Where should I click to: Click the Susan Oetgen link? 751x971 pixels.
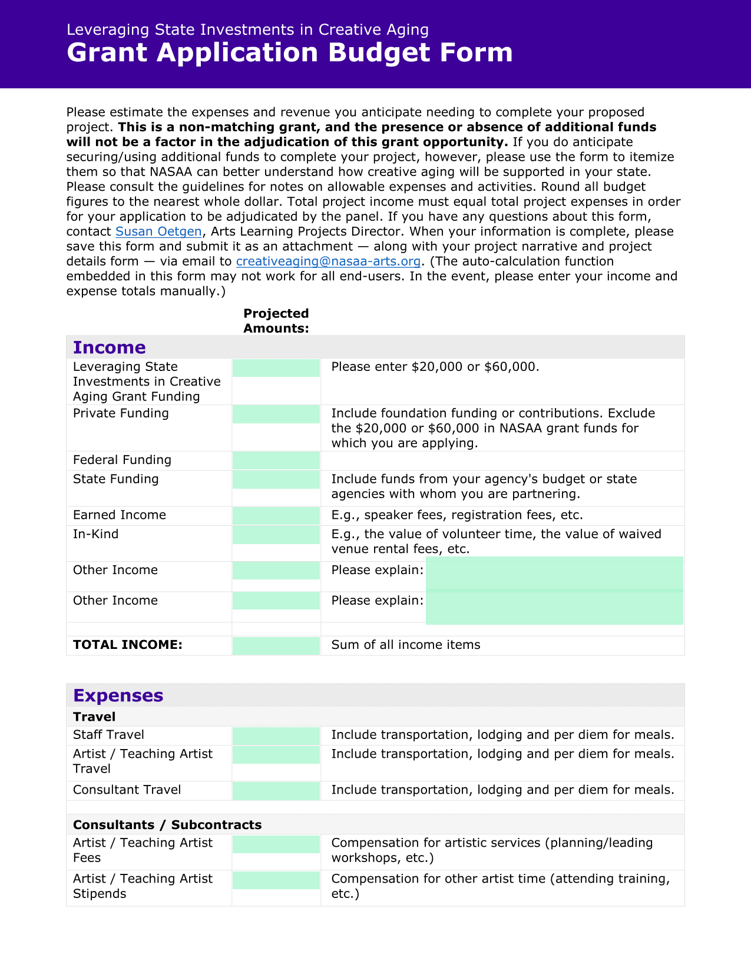pyautogui.click(x=158, y=231)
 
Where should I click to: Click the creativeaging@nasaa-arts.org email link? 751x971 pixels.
pyautogui.click(x=328, y=261)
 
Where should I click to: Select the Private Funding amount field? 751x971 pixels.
pyautogui.click(x=276, y=415)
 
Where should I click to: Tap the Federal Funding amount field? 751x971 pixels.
pyautogui.click(x=276, y=460)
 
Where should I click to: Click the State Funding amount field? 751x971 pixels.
pyautogui.click(x=276, y=479)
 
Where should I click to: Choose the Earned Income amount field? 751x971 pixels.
pyautogui.click(x=276, y=516)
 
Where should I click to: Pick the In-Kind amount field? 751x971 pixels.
pyautogui.click(x=276, y=535)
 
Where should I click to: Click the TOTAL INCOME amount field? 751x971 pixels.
pyautogui.click(x=276, y=645)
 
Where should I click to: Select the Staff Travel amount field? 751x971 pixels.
pyautogui.click(x=276, y=735)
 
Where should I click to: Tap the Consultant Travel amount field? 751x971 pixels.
pyautogui.click(x=276, y=791)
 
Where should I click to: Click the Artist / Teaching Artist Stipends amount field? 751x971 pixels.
pyautogui.click(x=276, y=880)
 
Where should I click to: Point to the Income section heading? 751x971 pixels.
pyautogui.click(x=109, y=347)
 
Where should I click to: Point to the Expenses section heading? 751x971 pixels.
pyautogui.click(x=118, y=695)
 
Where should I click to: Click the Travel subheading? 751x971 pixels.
pyautogui.click(x=94, y=717)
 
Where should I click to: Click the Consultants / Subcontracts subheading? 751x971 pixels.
pyautogui.click(x=167, y=824)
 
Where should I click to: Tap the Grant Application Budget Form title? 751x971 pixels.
pyautogui.click(x=289, y=52)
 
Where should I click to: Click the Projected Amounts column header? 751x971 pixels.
pyautogui.click(x=276, y=321)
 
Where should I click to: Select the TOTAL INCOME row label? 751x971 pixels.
pyautogui.click(x=127, y=645)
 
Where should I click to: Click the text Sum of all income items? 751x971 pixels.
pyautogui.click(x=406, y=645)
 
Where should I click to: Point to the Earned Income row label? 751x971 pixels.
pyautogui.click(x=120, y=515)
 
